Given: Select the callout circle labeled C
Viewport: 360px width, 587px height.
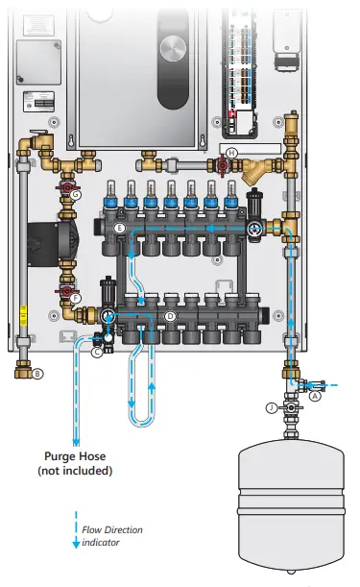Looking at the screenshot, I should coord(96,353).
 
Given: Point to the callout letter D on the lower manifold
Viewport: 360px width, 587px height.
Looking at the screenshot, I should coord(170,315).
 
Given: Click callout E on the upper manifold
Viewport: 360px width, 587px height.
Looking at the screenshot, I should coord(119,229).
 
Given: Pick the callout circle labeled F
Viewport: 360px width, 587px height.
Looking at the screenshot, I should coord(76,299).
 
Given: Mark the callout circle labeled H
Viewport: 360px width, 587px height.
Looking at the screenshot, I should coord(230,154).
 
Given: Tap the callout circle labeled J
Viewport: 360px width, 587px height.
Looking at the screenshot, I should coord(272,408).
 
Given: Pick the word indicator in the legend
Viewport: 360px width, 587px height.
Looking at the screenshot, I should coord(103,543).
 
